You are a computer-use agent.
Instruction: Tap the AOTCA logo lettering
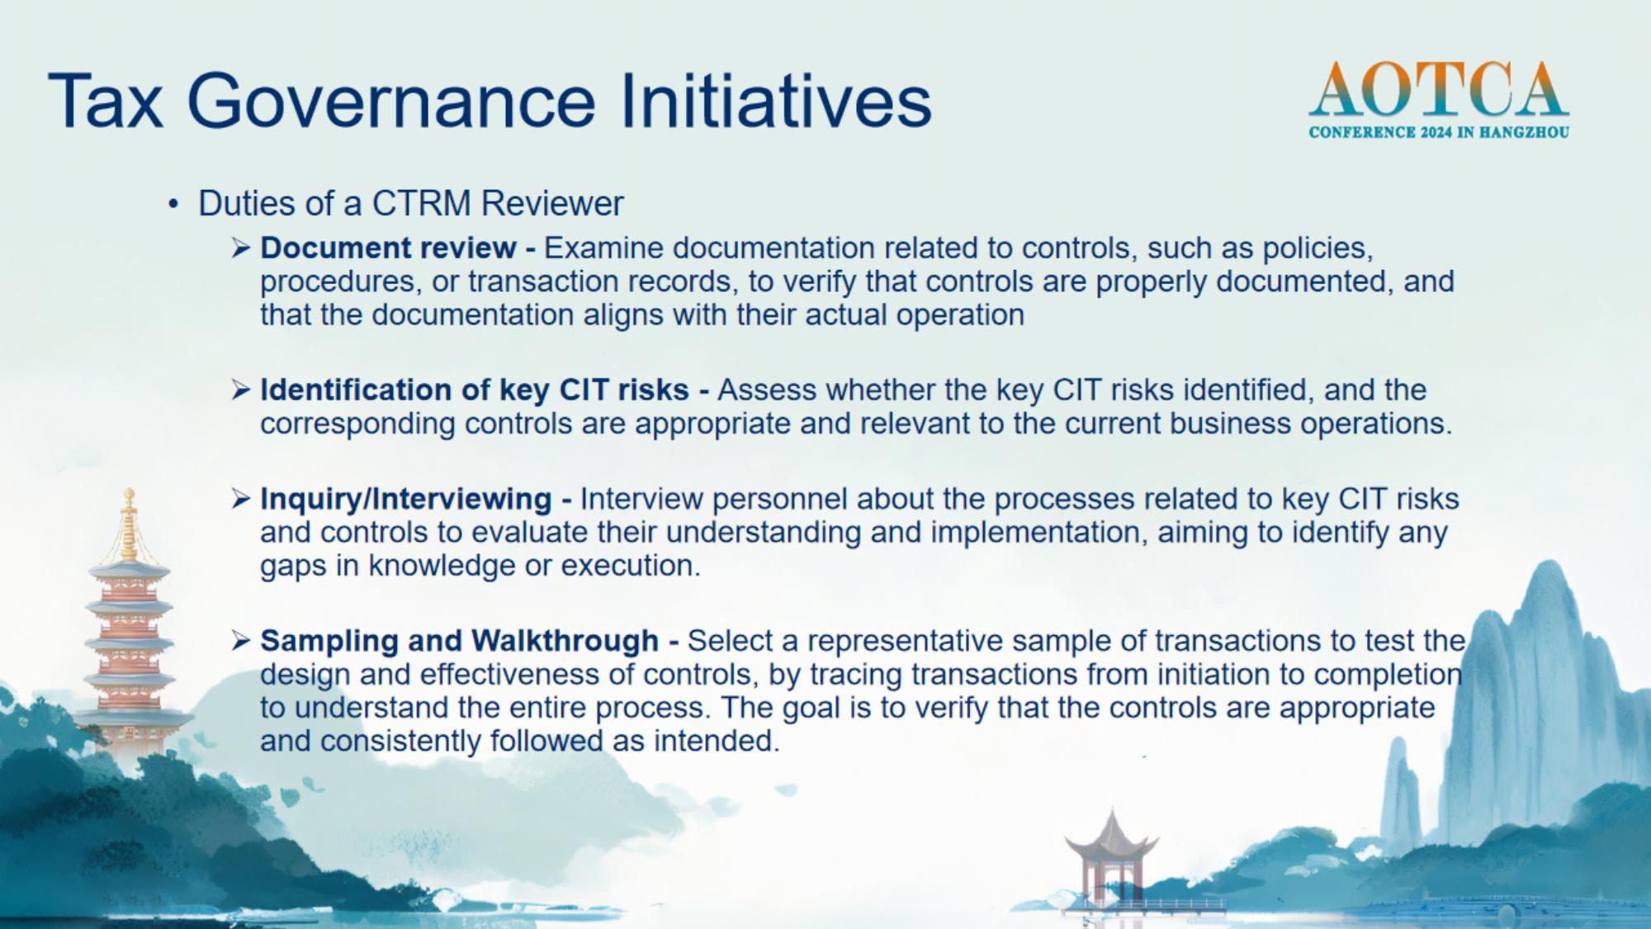click(x=1438, y=90)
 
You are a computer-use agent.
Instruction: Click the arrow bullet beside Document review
click(x=240, y=248)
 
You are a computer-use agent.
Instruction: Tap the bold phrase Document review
click(x=388, y=248)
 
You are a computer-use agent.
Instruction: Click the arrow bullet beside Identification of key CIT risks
click(x=240, y=390)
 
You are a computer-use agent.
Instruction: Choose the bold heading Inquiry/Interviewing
click(x=405, y=499)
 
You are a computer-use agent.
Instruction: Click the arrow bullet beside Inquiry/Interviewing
click(x=240, y=499)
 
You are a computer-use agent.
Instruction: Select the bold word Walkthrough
click(x=565, y=640)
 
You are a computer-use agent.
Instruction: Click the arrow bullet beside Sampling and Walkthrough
click(x=240, y=640)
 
